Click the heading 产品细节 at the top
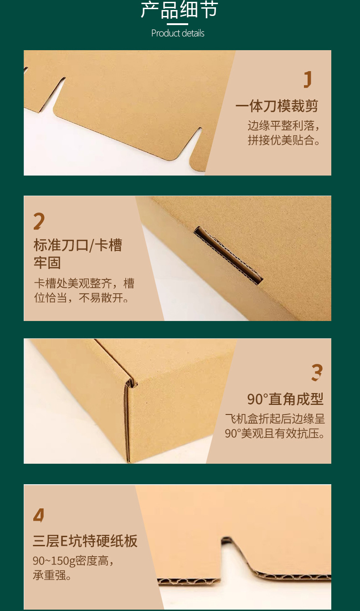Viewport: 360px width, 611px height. click(179, 10)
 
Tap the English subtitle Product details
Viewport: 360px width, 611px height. click(178, 33)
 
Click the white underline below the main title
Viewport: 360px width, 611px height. click(177, 24)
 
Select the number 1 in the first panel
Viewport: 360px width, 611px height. click(308, 79)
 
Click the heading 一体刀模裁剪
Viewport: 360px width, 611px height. click(277, 106)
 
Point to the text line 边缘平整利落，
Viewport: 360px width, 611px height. click(283, 125)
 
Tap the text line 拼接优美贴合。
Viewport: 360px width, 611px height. click(283, 140)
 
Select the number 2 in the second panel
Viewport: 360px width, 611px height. click(39, 221)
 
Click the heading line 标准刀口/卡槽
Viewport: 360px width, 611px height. click(78, 245)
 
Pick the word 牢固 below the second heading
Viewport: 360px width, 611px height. click(47, 263)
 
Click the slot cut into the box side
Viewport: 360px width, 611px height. click(229, 255)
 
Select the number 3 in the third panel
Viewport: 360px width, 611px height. click(317, 373)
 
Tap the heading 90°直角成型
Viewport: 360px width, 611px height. click(285, 399)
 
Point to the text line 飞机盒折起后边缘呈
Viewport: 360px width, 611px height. click(275, 419)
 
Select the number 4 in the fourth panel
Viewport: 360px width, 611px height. click(39, 515)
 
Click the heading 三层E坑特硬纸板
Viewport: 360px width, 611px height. click(85, 541)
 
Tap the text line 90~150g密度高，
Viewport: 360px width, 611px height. click(73, 560)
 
